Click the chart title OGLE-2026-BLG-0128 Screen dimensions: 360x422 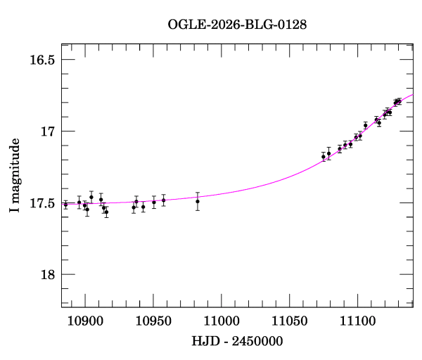point(237,24)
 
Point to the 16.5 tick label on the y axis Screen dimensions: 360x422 point(41,60)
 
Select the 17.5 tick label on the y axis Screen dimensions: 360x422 point(41,203)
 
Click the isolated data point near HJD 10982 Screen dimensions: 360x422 point(198,201)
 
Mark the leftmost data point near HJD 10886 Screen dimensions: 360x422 point(65,205)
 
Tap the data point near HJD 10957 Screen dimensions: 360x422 point(163,200)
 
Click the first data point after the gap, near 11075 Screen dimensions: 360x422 point(324,157)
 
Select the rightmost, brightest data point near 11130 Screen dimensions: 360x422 point(399,101)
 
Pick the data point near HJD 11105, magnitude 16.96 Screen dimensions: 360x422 point(365,125)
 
